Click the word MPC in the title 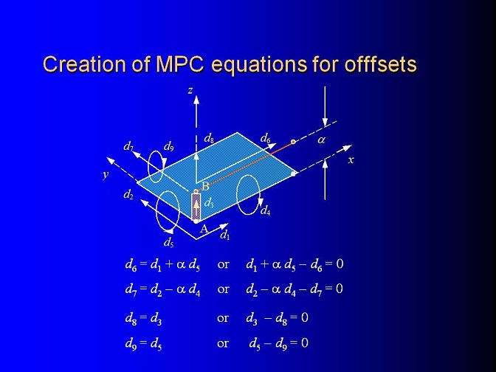(x=179, y=63)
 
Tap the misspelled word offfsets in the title (x=381, y=63)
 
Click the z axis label (x=190, y=91)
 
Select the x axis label (x=351, y=160)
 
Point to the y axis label (x=106, y=174)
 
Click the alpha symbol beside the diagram (x=321, y=139)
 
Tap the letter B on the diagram (x=206, y=186)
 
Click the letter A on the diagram (x=204, y=228)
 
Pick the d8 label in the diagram (x=209, y=138)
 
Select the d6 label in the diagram (x=266, y=138)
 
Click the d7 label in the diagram (x=128, y=146)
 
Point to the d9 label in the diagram (x=168, y=146)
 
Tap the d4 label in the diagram (x=265, y=210)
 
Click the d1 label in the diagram (x=225, y=235)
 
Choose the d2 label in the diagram (x=128, y=195)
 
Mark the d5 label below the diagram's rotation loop (x=168, y=243)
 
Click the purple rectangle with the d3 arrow (x=196, y=207)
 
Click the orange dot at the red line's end (x=293, y=142)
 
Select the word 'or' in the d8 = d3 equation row (x=223, y=317)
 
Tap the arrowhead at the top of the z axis (x=196, y=100)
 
